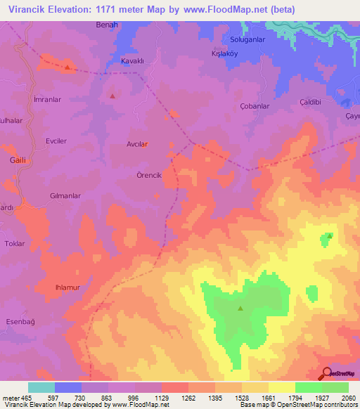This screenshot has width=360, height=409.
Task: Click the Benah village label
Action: click(107, 25)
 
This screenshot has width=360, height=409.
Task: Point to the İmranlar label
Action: click(48, 100)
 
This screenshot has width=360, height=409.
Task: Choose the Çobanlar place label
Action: click(255, 106)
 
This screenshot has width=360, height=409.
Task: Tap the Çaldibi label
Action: click(310, 102)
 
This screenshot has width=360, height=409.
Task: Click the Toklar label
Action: click(15, 244)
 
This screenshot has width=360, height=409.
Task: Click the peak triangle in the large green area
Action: click(240, 308)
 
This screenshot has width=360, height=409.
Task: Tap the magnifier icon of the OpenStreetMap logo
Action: click(326, 372)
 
